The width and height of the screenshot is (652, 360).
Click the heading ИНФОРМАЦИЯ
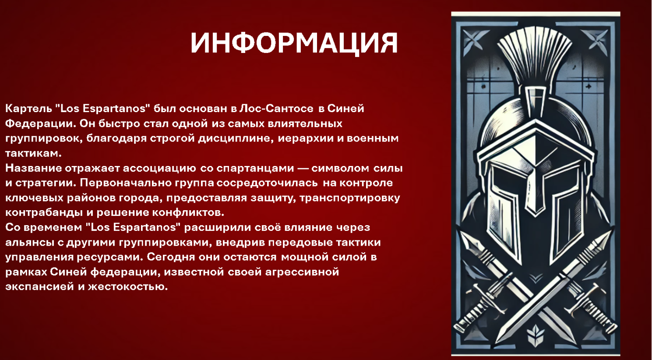[x=294, y=43]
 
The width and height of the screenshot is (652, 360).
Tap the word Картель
[x=28, y=109]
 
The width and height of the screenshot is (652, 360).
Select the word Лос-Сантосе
[x=276, y=109]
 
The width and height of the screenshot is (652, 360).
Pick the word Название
[x=33, y=168]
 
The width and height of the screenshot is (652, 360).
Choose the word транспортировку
[x=350, y=198]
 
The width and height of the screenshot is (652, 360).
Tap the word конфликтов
[x=188, y=213]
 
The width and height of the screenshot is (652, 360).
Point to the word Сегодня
[x=171, y=257]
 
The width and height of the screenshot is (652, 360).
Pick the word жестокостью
[x=128, y=287]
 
